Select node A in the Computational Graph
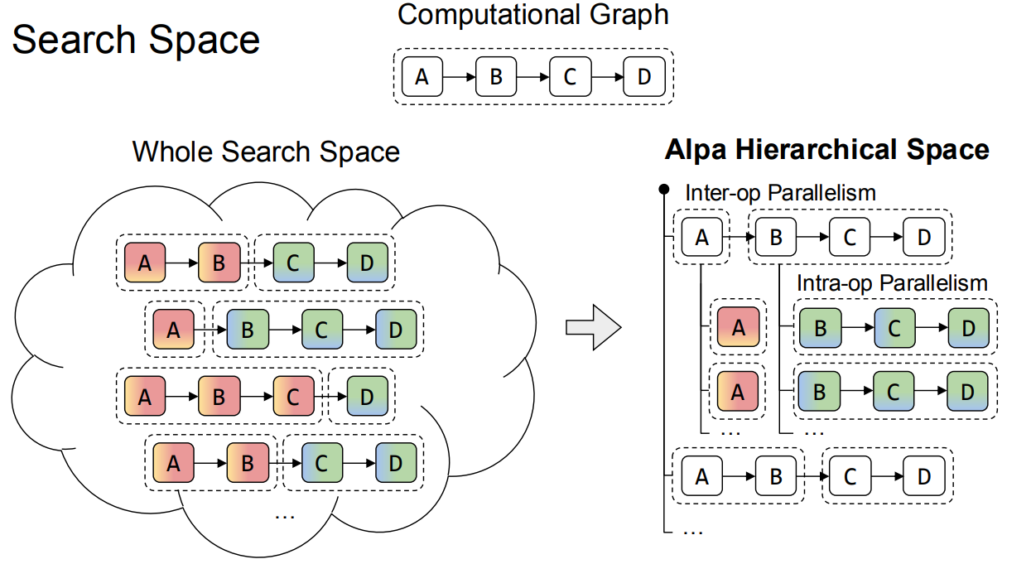pos(422,77)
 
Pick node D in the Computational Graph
pos(644,77)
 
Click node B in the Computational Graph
pos(496,77)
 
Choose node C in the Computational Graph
pos(570,77)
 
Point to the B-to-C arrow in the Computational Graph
pos(532,77)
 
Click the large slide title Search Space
pos(136,40)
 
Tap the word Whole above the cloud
pos(171,152)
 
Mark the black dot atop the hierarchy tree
pos(663,190)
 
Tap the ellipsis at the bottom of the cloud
pos(284,515)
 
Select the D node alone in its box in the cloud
pos(366,396)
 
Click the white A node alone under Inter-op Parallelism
pos(702,238)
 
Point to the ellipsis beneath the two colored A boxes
pos(730,431)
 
